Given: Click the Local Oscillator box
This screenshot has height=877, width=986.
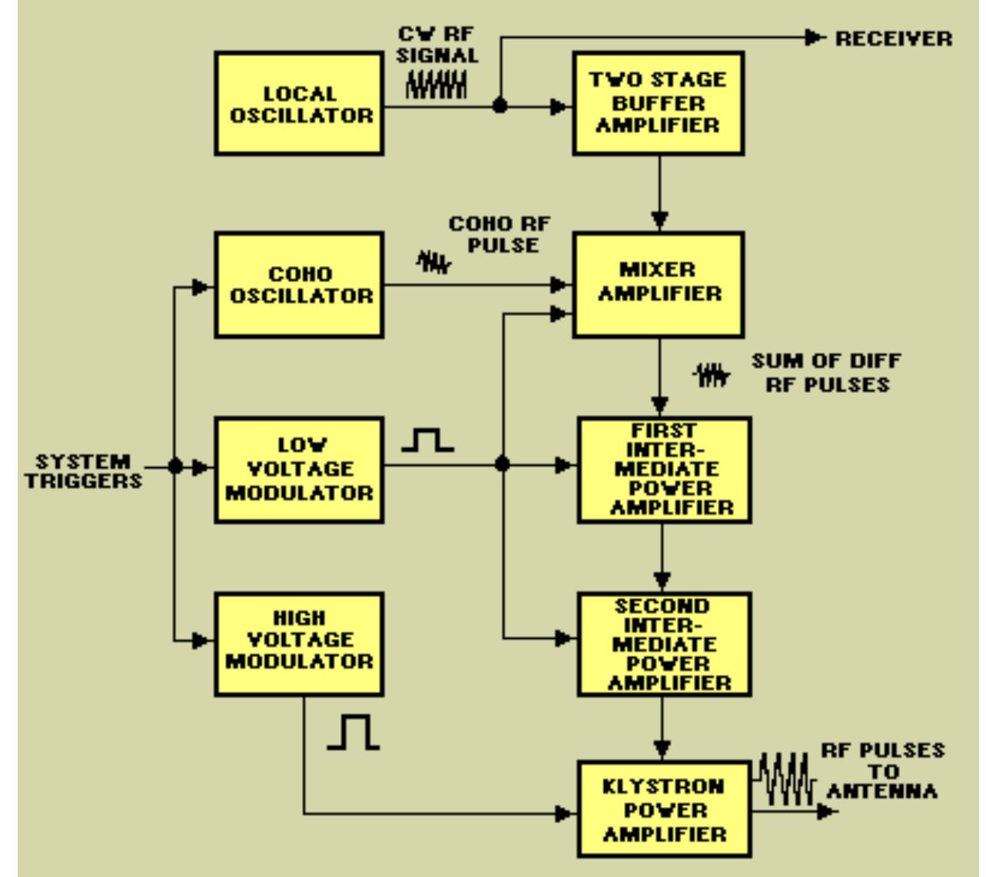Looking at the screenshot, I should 299,104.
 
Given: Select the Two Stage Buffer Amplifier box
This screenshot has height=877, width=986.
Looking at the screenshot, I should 659,103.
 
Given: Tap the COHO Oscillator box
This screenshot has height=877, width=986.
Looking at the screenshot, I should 299,285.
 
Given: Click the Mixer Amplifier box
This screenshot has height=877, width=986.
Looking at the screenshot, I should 659,284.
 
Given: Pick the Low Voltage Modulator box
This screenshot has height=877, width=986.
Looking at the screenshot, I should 299,470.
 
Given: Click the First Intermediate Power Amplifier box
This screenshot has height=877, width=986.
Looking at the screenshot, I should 664,470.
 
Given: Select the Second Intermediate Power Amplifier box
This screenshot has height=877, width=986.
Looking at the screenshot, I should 664,644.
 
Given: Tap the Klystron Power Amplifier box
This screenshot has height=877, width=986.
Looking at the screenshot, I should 663,810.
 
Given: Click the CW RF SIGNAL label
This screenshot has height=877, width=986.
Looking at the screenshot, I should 438,45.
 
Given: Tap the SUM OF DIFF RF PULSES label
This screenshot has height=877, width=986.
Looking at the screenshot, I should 826,373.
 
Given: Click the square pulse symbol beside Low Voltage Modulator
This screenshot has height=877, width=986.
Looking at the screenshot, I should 428,440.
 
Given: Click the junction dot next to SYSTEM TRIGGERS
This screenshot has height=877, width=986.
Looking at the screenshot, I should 176,466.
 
